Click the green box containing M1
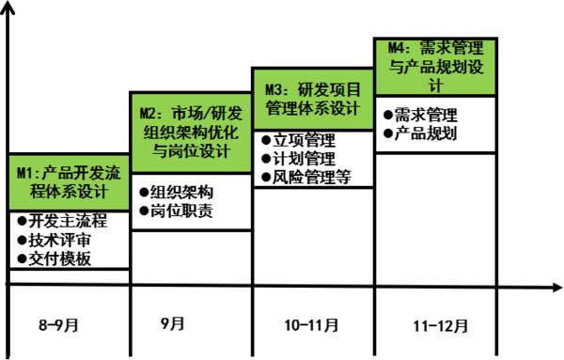[x=69, y=182]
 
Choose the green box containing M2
[x=191, y=133]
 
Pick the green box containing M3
[x=313, y=99]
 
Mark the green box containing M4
[x=435, y=67]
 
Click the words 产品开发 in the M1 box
[x=73, y=173]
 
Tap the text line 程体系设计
[x=69, y=193]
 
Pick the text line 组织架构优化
[x=191, y=133]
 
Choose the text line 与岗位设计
[x=191, y=152]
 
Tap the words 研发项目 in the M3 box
[x=329, y=89]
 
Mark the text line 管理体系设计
[x=313, y=109]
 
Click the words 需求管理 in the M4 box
[x=453, y=47]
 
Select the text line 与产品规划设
[x=435, y=67]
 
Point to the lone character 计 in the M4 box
[x=435, y=85]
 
